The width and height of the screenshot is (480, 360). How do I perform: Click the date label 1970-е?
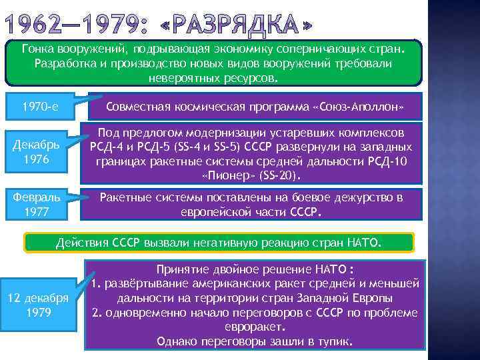click(41, 106)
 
